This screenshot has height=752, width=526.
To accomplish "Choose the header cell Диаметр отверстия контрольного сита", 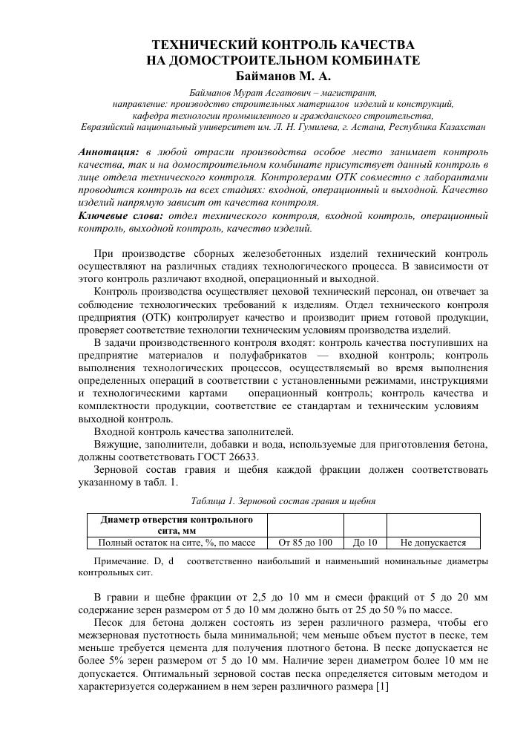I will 176,524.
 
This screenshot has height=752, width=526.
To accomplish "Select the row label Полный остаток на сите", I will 176,543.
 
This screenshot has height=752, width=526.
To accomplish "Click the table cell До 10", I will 366,543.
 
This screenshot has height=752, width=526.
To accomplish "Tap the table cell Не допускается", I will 433,543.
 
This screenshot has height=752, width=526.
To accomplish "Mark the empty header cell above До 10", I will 366,524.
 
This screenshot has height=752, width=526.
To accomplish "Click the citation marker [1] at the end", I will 381,687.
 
